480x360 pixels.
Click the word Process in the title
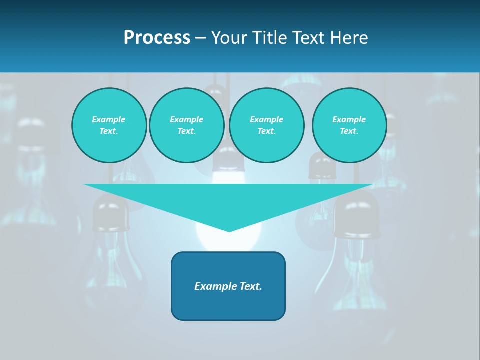(x=157, y=38)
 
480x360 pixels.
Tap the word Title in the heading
(x=269, y=38)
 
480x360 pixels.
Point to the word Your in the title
(x=229, y=38)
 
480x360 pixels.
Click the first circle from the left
(x=109, y=125)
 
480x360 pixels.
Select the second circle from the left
(x=187, y=125)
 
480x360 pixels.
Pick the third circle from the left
(x=266, y=125)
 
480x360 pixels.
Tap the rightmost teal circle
(x=349, y=125)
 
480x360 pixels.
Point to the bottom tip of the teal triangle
(x=229, y=230)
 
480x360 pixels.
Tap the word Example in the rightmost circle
(x=349, y=119)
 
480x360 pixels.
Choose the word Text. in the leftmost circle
(x=109, y=131)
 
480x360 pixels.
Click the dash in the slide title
(x=200, y=38)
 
